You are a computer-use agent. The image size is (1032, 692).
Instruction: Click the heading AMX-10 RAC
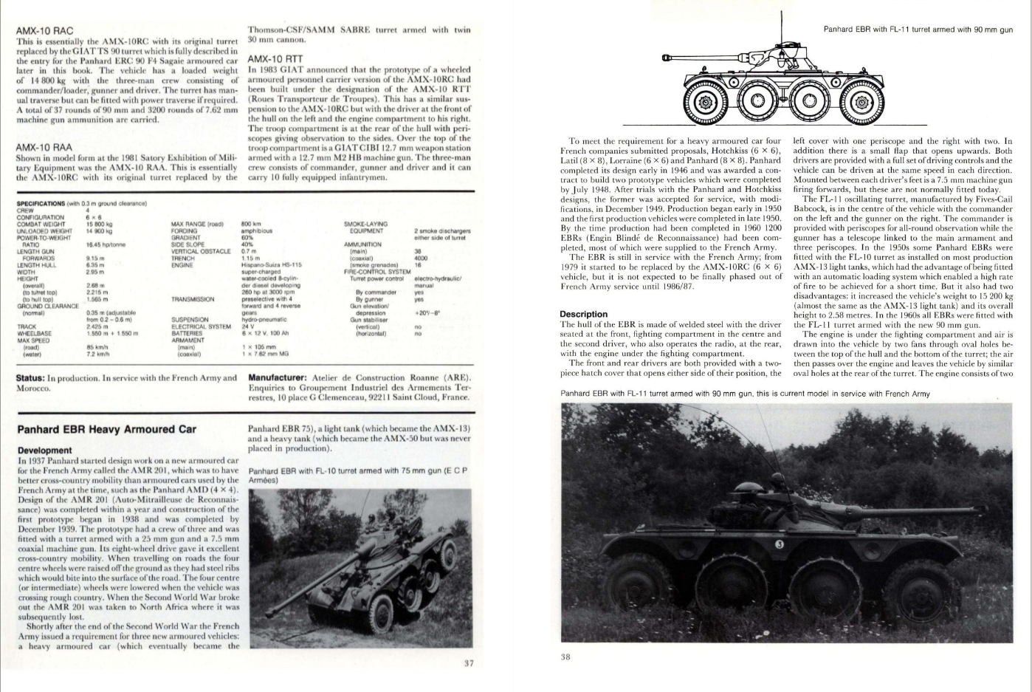pos(44,32)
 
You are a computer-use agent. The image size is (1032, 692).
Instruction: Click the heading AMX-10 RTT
pos(275,58)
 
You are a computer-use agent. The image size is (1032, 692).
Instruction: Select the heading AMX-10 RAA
pos(44,147)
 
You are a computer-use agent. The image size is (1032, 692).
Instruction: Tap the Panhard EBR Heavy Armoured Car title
pos(106,429)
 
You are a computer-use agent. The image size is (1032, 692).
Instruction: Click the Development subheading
pos(44,451)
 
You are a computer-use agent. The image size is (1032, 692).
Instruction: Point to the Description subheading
pos(583,314)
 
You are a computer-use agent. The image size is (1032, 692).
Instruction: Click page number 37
pos(468,663)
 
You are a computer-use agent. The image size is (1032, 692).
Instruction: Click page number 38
pos(565,657)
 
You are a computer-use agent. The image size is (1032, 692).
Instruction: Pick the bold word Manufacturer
pos(277,378)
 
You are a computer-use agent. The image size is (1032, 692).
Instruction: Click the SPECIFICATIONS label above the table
pos(41,202)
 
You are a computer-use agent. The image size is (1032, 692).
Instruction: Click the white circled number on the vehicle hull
pos(782,545)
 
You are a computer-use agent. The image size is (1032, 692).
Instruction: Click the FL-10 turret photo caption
pos(358,476)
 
